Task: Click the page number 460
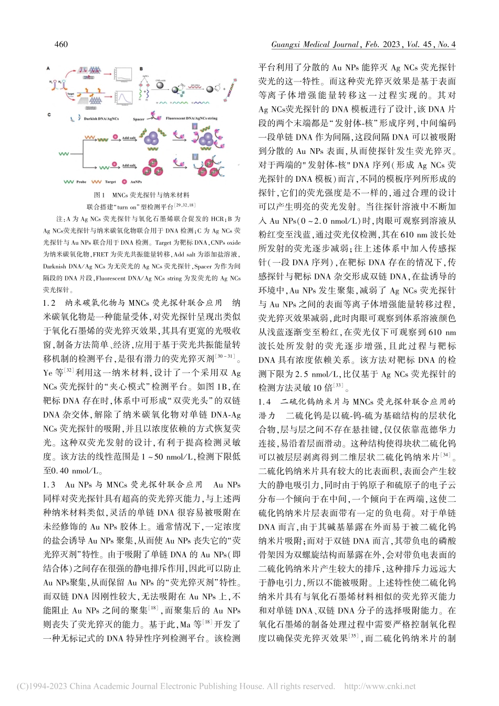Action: (x=61, y=45)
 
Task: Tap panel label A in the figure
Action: (x=48, y=68)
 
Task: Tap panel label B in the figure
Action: (x=141, y=69)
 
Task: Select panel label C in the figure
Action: (x=49, y=115)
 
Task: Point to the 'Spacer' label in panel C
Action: (x=138, y=119)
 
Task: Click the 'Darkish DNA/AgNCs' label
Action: (x=101, y=119)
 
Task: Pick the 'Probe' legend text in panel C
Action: (x=81, y=182)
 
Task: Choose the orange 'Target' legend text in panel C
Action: (x=110, y=182)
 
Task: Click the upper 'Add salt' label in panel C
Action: (x=129, y=138)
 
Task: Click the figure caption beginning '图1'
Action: (x=141, y=195)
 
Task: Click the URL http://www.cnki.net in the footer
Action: (x=380, y=687)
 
